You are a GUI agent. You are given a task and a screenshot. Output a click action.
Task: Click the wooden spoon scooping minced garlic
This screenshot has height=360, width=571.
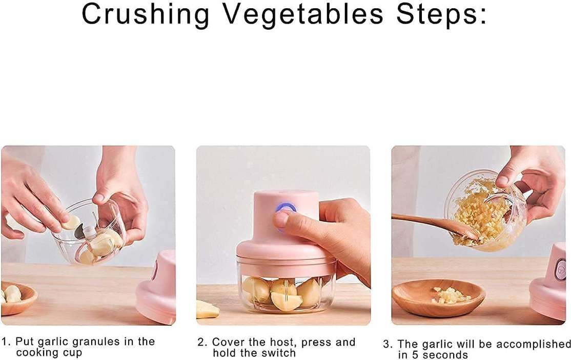pyautogui.click(x=431, y=224)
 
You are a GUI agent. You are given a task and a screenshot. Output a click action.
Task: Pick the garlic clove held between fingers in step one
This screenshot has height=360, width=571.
pyautogui.click(x=71, y=223)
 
